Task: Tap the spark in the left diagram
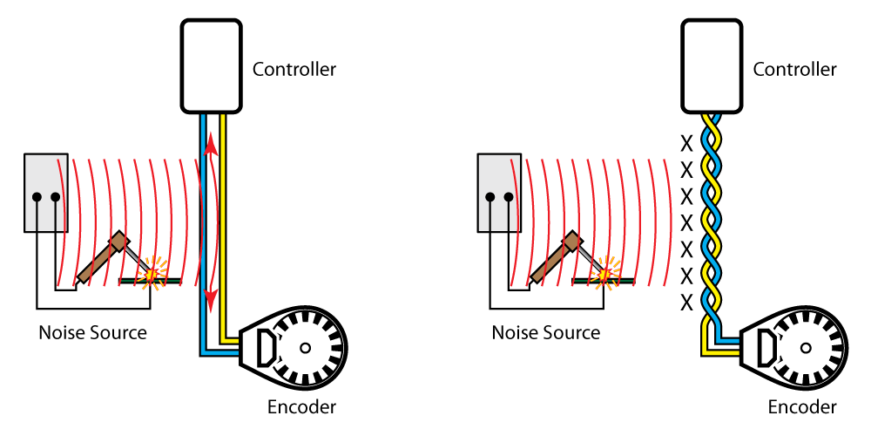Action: point(152,274)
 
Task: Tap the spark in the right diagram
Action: point(605,274)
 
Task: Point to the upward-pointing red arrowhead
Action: point(211,145)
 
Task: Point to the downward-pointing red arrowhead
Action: point(211,300)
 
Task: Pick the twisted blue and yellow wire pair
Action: point(712,218)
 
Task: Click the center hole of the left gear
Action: point(305,348)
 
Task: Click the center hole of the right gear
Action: point(806,348)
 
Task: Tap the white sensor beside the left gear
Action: point(267,348)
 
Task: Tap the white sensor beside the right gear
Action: point(767,348)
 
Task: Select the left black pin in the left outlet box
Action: point(37,198)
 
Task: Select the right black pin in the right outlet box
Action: point(509,198)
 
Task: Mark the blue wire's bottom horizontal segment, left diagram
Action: point(220,352)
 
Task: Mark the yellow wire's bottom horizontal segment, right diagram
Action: point(721,352)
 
